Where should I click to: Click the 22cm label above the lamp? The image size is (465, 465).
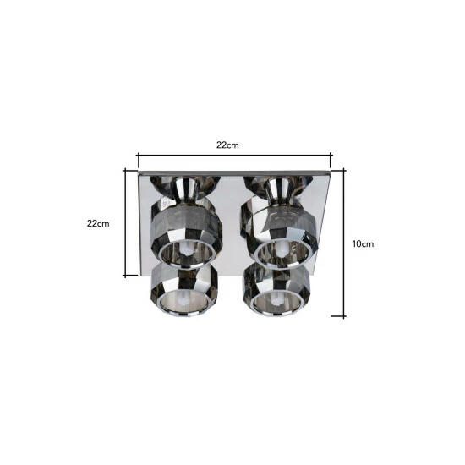pyautogui.click(x=227, y=145)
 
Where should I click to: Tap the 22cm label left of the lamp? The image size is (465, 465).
pyautogui.click(x=98, y=223)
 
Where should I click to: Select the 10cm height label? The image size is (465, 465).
pyautogui.click(x=363, y=244)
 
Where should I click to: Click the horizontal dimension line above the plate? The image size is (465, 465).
pyautogui.click(x=234, y=155)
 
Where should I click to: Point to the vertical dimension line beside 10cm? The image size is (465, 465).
pyautogui.click(x=344, y=243)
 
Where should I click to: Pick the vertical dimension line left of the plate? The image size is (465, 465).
pyautogui.click(x=125, y=222)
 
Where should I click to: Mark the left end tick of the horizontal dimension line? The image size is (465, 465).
pyautogui.click(x=138, y=160)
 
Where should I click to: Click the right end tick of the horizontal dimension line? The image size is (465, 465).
pyautogui.click(x=331, y=160)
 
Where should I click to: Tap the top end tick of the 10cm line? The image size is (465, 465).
pyautogui.click(x=339, y=170)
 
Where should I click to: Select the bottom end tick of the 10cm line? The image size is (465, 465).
pyautogui.click(x=339, y=316)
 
